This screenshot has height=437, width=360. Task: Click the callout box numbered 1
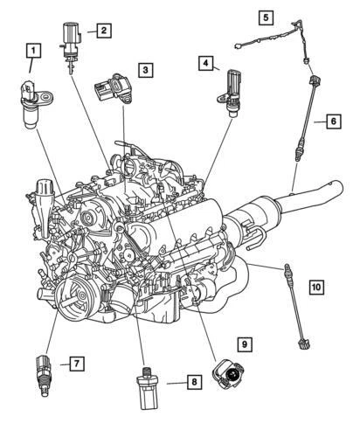[x=33, y=50]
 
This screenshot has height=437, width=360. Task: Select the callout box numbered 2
[x=103, y=31]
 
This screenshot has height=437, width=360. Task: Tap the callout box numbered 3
[x=145, y=69]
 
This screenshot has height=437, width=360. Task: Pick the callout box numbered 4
[x=205, y=63]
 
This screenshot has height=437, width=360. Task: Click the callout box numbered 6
[x=333, y=121]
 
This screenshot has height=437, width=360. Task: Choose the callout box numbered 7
[x=77, y=362]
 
